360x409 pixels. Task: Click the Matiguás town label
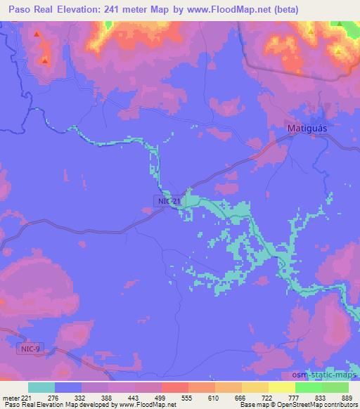point(310,129)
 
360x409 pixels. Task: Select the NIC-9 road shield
point(28,348)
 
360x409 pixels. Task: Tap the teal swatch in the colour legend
point(41,387)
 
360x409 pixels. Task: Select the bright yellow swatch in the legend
point(282,387)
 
